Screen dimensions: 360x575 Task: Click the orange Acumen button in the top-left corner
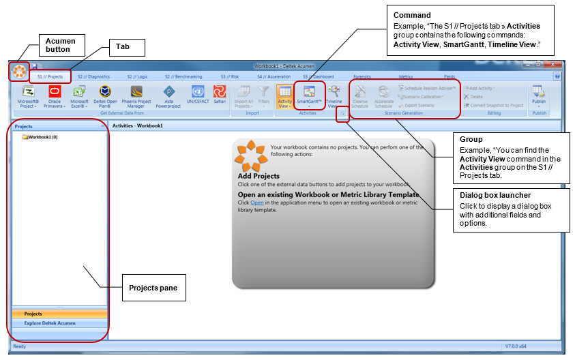point(19,71)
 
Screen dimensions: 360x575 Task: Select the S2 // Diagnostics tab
point(93,77)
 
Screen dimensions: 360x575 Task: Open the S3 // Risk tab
point(229,77)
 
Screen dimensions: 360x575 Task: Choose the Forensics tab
point(362,77)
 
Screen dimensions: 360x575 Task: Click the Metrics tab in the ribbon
point(406,77)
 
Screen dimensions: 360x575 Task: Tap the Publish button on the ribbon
point(538,95)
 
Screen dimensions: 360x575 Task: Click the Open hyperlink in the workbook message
point(256,203)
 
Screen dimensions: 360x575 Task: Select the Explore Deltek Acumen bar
point(50,323)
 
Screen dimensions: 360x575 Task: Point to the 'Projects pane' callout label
point(153,288)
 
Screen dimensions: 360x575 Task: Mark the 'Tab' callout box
point(127,48)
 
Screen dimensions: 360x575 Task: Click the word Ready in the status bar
point(20,346)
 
